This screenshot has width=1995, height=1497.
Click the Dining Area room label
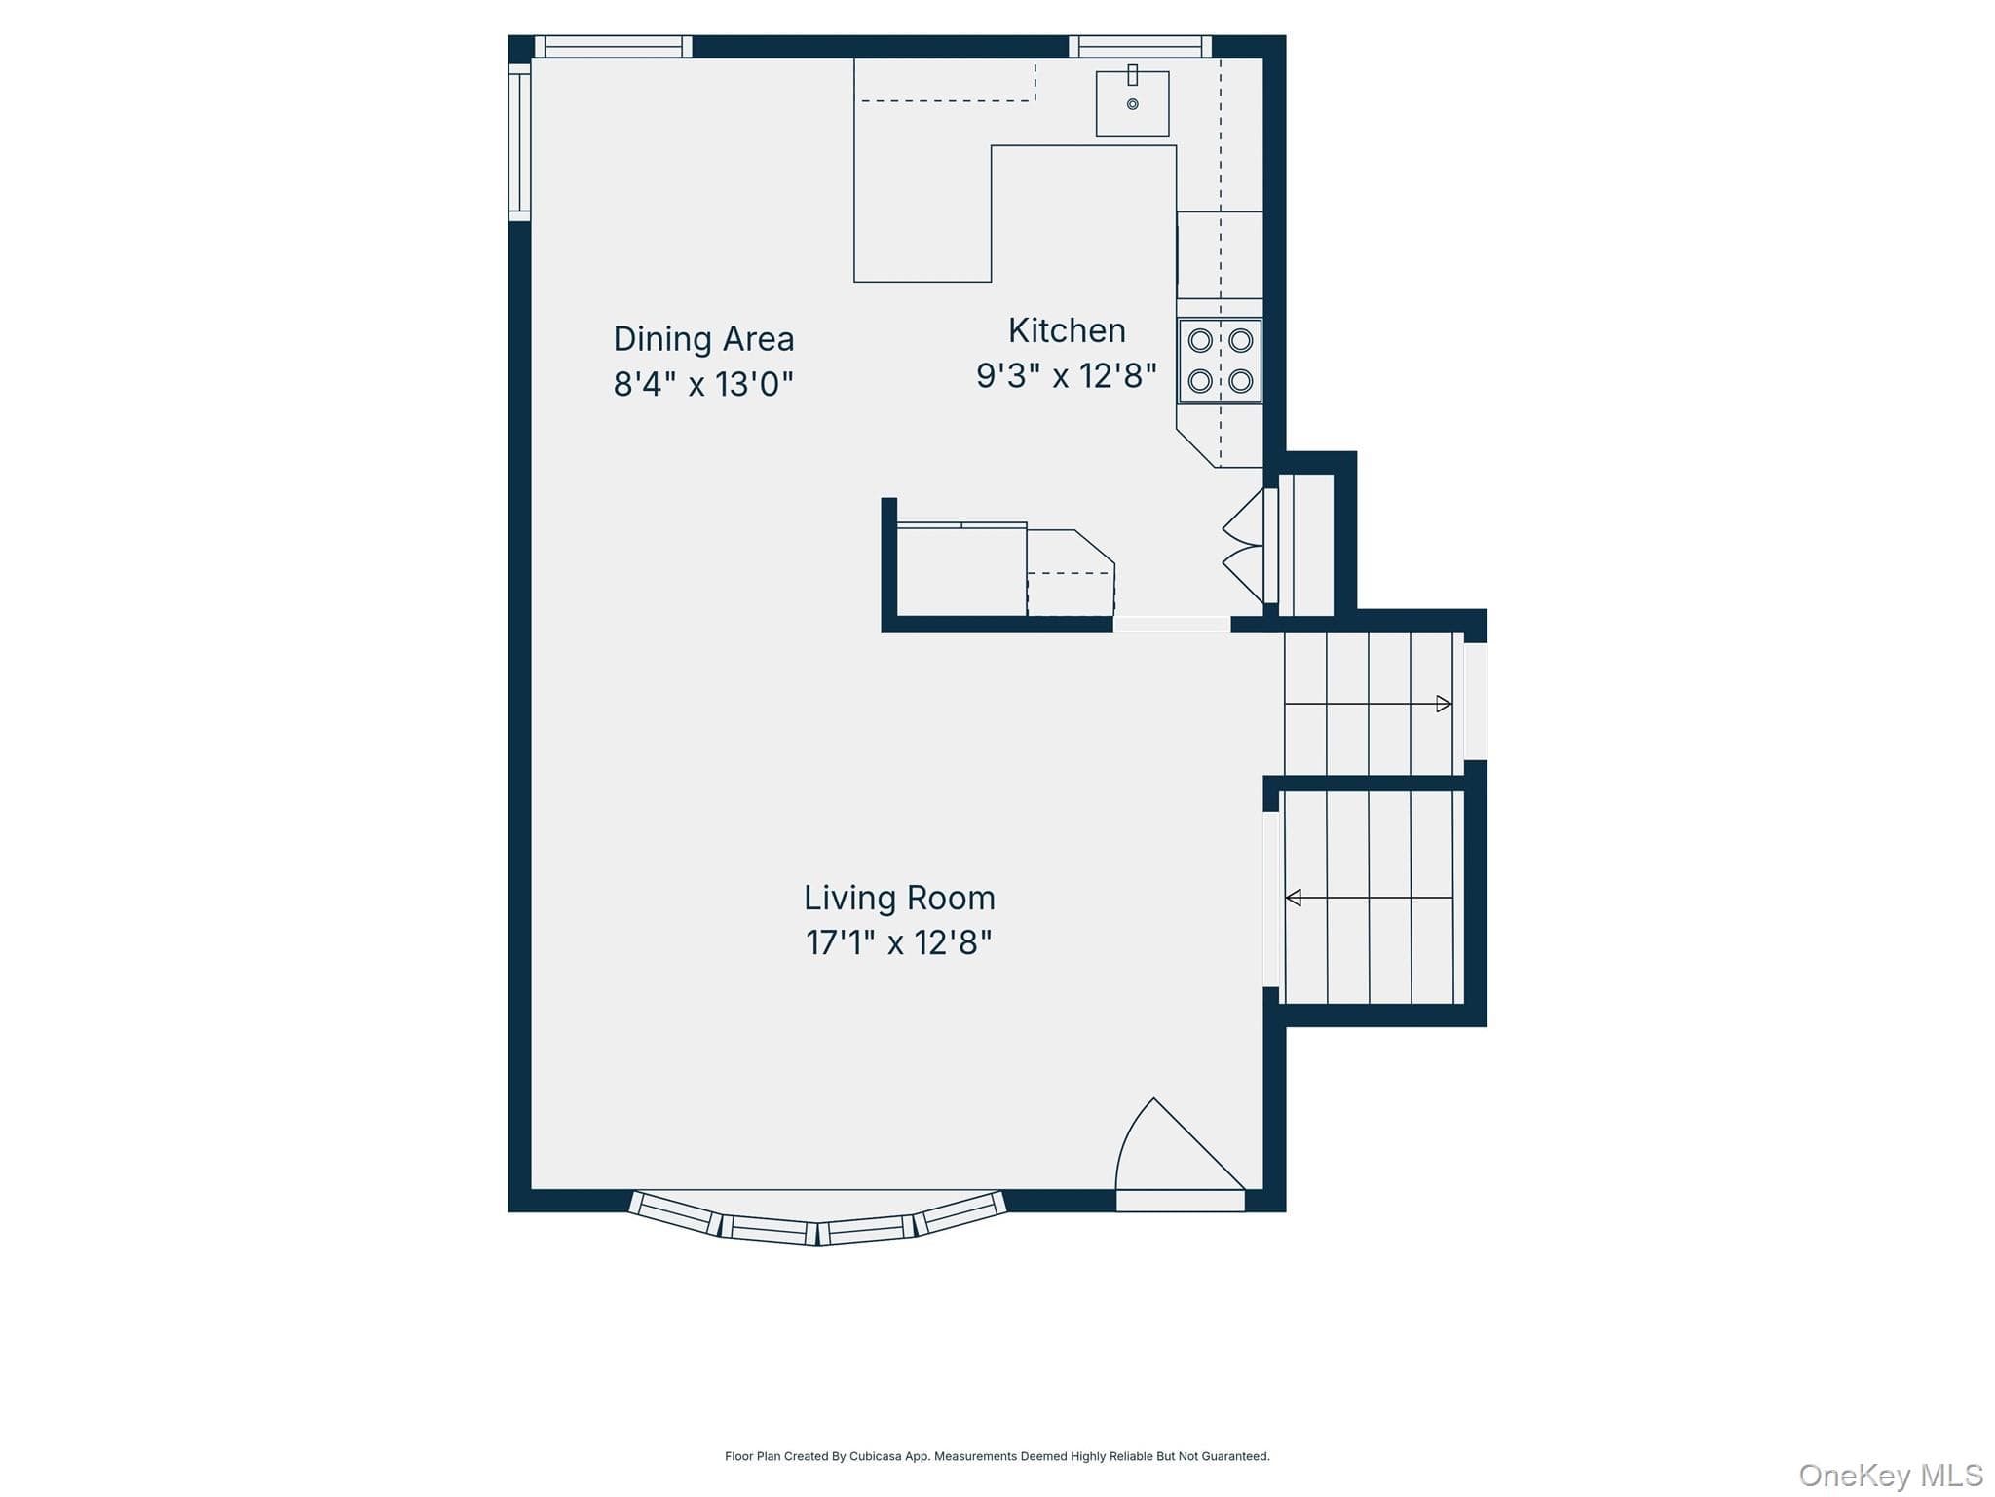[703, 339]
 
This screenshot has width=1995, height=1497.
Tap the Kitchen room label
[1067, 330]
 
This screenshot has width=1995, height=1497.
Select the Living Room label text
[899, 898]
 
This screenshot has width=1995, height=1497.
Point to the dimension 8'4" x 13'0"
[703, 384]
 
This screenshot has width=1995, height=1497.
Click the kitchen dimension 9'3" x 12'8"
[1067, 375]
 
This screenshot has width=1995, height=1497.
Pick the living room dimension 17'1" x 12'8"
[899, 942]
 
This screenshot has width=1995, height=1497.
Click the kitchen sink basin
[1132, 103]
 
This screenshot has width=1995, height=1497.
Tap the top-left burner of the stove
[1200, 340]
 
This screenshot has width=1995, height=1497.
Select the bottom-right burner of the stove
[1240, 380]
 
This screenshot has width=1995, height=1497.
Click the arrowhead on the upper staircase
[1444, 704]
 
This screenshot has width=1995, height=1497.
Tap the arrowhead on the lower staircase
[1294, 898]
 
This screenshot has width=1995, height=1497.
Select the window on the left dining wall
[519, 142]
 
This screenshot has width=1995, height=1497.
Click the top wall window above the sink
[1140, 46]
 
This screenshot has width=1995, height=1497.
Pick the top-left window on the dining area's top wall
[614, 46]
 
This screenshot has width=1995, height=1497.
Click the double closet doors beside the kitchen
[1245, 546]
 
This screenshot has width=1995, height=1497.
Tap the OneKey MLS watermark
[1891, 1476]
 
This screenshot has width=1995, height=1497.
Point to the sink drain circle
[1132, 104]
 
